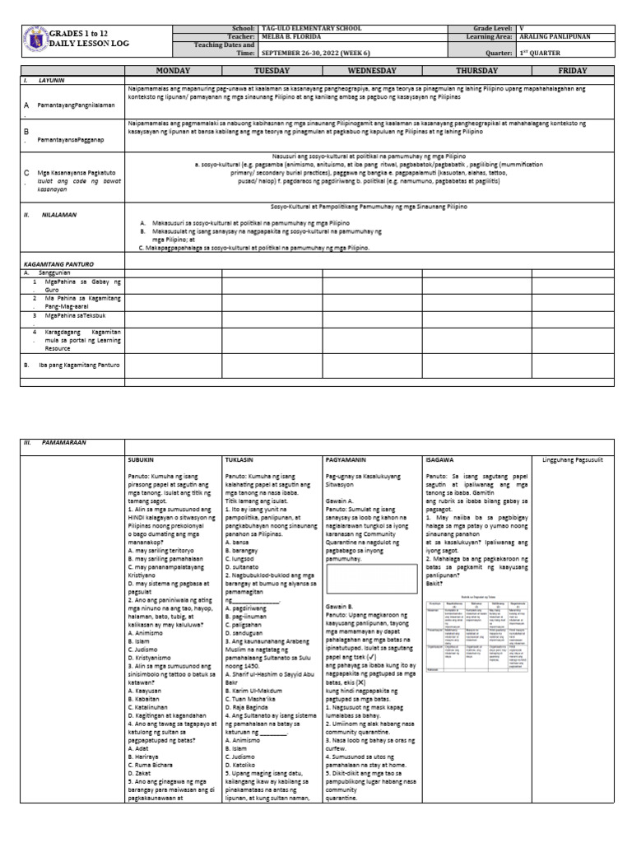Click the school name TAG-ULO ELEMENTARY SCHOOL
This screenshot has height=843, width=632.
(x=306, y=28)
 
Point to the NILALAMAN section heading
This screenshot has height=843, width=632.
(x=58, y=213)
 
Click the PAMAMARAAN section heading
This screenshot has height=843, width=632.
(x=66, y=442)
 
